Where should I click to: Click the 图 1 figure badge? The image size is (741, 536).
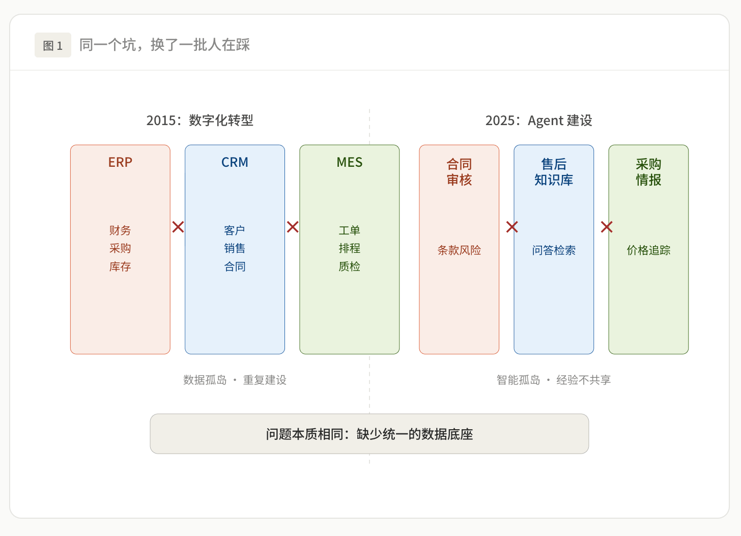click(x=53, y=45)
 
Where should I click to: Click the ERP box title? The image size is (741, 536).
click(x=120, y=162)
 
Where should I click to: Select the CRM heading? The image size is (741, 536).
click(x=235, y=162)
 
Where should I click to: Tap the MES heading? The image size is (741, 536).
click(x=349, y=162)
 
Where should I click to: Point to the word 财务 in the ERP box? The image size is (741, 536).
click(x=120, y=230)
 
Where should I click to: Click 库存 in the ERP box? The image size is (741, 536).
click(x=120, y=266)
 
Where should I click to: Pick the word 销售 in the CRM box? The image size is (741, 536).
click(x=235, y=248)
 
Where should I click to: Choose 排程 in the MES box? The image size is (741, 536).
click(x=349, y=248)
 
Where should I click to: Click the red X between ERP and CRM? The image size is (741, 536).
click(x=178, y=227)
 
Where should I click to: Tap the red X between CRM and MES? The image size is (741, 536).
click(x=293, y=227)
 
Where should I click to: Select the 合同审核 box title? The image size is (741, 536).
click(x=459, y=172)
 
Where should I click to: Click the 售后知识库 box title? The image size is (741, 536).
click(x=554, y=172)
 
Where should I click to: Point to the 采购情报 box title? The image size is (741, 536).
click(x=648, y=172)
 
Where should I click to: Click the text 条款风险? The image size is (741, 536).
click(x=459, y=250)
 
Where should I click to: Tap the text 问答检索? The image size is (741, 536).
click(x=554, y=250)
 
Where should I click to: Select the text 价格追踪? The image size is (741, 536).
click(x=648, y=250)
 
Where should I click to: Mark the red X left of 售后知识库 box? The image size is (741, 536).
click(x=512, y=227)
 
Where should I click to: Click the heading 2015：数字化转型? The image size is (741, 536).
click(x=200, y=121)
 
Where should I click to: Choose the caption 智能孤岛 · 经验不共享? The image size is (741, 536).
click(x=553, y=380)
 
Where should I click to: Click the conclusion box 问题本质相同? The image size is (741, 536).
click(x=369, y=434)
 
